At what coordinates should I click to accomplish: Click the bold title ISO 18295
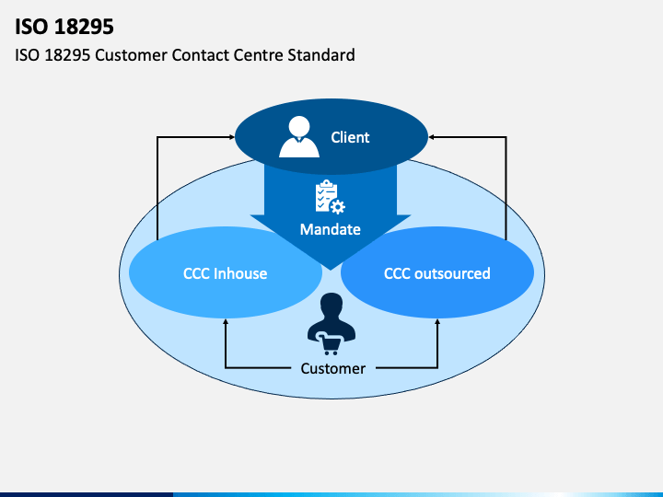coord(64,27)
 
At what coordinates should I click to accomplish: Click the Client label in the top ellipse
coord(350,137)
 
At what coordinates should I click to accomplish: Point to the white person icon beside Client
coord(299,137)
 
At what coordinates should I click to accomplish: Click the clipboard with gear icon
coord(330,197)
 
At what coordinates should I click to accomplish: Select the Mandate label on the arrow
coord(331,229)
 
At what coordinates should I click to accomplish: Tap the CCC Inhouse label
coord(225,273)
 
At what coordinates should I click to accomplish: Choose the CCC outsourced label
coord(437,273)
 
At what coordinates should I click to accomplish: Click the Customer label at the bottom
coord(333,368)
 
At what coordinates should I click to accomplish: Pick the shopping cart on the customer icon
coord(329,343)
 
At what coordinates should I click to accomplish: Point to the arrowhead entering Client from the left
coord(232,137)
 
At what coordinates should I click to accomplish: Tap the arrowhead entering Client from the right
coord(431,137)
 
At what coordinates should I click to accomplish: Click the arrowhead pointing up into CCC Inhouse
coord(226,321)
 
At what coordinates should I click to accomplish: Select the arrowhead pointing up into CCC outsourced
coord(437,321)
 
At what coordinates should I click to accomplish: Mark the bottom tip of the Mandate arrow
coord(331,270)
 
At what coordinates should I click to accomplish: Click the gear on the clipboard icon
coord(338,207)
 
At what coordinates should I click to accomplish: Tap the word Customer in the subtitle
coord(131,55)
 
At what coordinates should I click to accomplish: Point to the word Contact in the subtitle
coord(201,55)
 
